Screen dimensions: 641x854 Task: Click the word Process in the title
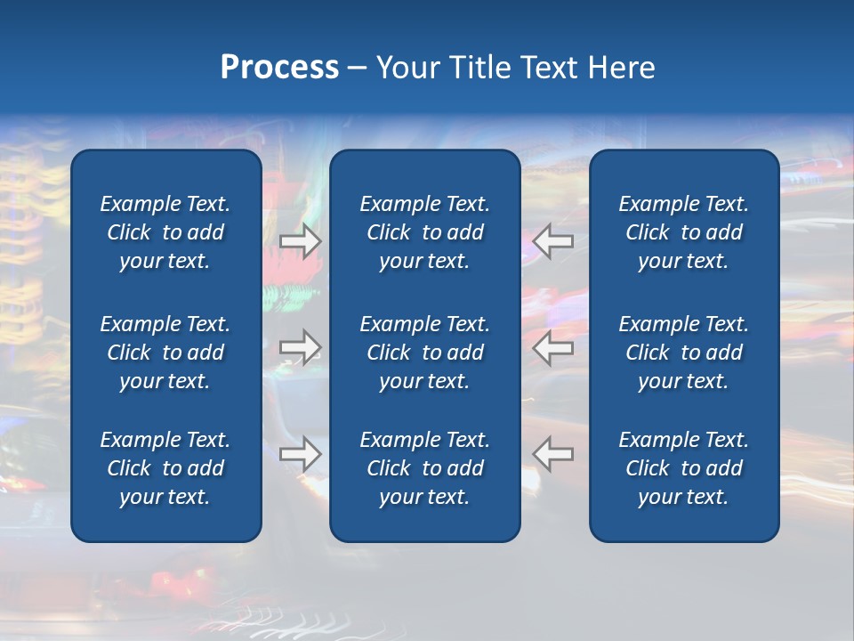pos(279,69)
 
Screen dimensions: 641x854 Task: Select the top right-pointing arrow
pos(301,240)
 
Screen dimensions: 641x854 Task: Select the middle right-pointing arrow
pos(301,347)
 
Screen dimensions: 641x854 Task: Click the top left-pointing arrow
pos(553,240)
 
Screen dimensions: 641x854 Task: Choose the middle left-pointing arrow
pos(553,347)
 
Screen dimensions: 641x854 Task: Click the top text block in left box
pos(165,232)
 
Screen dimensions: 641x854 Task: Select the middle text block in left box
pos(165,353)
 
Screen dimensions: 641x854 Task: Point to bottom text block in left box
pos(165,468)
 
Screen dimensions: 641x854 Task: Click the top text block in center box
pos(424,232)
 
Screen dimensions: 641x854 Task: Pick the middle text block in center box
pos(424,353)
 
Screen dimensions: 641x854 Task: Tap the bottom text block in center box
pos(424,468)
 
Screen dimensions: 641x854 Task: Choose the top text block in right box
pos(683,232)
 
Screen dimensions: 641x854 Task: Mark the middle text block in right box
pos(683,353)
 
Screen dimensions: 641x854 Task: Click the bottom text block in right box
pos(683,468)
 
